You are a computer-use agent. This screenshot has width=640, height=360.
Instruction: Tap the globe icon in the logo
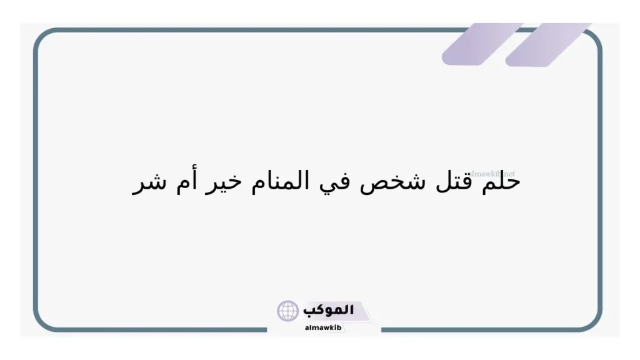(x=288, y=311)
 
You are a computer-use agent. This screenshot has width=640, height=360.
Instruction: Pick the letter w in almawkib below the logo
(x=325, y=327)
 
